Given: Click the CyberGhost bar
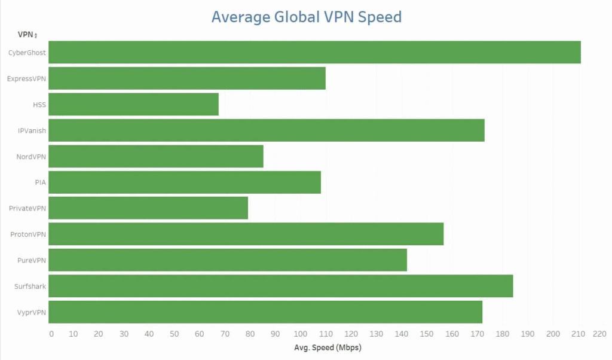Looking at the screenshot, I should click(314, 53).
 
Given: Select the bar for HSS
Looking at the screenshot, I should click(133, 105).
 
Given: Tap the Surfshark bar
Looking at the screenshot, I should click(280, 286).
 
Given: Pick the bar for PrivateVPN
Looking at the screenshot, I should click(148, 208).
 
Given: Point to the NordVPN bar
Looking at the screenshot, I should click(155, 157).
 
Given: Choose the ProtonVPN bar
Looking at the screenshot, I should click(246, 234).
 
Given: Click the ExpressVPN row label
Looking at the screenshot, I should click(27, 78).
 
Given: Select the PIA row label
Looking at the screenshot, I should click(41, 182).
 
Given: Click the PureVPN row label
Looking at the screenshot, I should click(32, 261).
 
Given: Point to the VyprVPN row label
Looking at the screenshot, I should click(31, 312).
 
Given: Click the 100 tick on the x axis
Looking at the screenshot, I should click(301, 334).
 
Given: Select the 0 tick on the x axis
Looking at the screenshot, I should click(51, 334).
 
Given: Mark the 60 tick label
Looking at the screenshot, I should click(200, 334).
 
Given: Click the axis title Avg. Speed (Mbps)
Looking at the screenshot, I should click(328, 347).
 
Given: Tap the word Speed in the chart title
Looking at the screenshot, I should click(380, 17).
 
